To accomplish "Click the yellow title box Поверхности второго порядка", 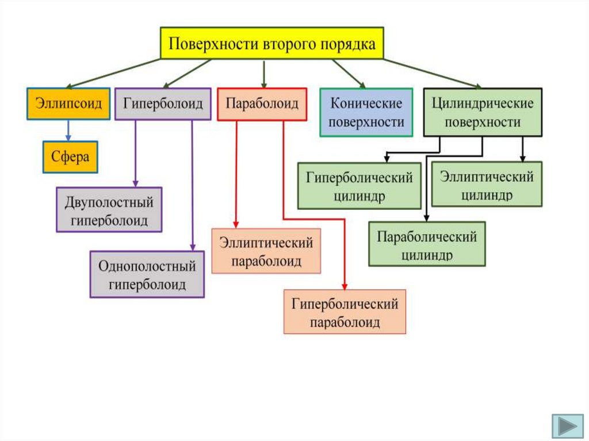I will [x=271, y=43].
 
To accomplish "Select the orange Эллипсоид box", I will [x=68, y=103].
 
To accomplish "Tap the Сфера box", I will [x=70, y=156].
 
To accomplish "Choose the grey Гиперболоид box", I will [x=163, y=103].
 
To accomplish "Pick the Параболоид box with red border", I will [x=262, y=103].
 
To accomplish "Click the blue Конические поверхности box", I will [x=366, y=112].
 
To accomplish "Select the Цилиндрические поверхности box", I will [x=483, y=112].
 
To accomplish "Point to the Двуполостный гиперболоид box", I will [x=109, y=210].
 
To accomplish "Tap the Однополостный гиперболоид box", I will [x=147, y=274].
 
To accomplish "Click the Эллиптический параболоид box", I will [x=266, y=251].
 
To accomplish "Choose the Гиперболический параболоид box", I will [x=345, y=312].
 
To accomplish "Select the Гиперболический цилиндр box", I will [x=359, y=186].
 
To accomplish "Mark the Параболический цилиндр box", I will [x=427, y=244].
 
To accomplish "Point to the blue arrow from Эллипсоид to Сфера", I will [x=68, y=130].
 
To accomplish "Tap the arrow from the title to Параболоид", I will [x=263, y=73].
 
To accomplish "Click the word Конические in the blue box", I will [x=366, y=104].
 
